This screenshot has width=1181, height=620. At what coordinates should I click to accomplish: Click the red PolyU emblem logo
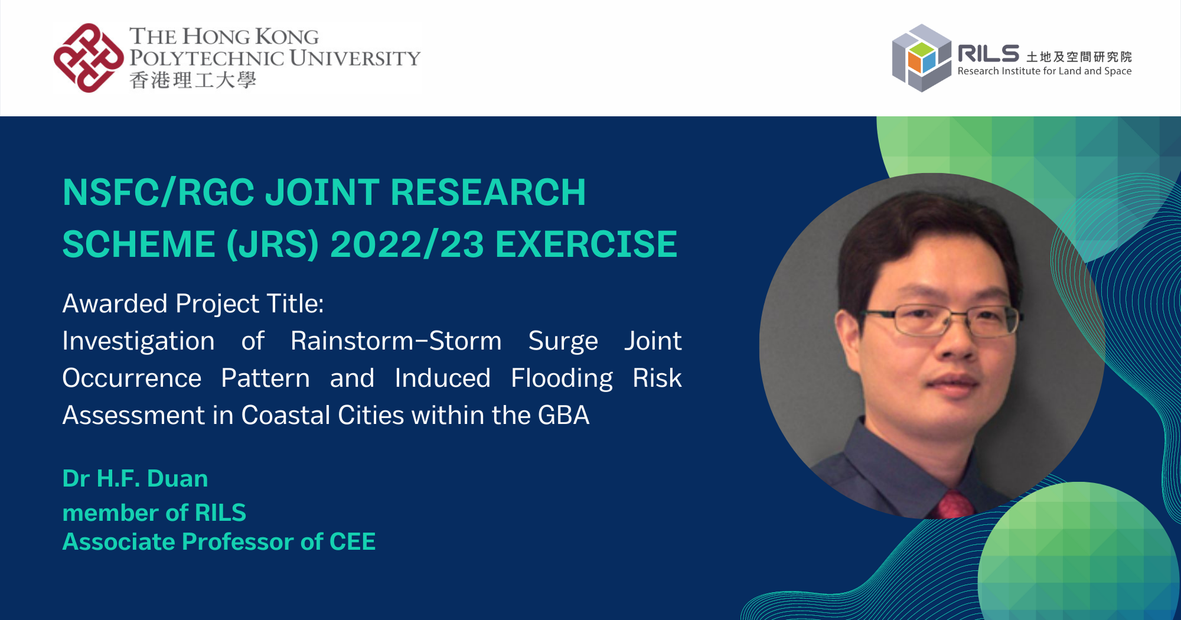[89, 58]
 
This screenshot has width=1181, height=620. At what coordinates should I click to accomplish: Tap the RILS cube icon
[921, 58]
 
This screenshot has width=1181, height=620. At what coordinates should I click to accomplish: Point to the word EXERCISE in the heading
[586, 244]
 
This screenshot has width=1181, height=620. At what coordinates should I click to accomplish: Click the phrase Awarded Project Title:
[193, 304]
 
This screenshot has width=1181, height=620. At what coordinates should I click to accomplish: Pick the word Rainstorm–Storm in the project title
[396, 341]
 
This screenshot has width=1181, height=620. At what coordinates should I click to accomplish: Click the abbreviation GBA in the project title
[563, 416]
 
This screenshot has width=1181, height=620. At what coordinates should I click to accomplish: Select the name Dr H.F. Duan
[135, 478]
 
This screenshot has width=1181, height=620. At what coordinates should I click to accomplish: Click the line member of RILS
[154, 513]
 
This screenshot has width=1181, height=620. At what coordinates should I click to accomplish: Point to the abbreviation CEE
[353, 541]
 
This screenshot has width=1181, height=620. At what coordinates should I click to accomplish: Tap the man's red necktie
[954, 504]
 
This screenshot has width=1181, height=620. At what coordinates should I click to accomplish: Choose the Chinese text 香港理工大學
[193, 80]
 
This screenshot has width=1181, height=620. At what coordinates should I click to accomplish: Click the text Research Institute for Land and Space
[1045, 71]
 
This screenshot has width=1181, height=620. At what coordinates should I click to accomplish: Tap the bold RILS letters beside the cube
[988, 54]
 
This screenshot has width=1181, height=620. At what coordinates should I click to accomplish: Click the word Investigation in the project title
[139, 342]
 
